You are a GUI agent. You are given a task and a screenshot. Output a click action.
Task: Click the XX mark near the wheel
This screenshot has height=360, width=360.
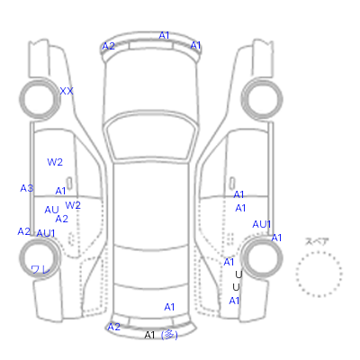coord(67,91)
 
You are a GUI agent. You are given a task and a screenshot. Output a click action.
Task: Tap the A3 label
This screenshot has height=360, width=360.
coord(27,188)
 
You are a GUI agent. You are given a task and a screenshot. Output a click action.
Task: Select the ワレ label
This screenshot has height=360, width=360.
coord(40,269)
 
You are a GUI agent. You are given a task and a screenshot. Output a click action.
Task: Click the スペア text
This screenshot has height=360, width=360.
coord(317,241)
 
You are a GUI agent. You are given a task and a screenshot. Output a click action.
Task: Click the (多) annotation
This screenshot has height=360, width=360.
coord(169,335)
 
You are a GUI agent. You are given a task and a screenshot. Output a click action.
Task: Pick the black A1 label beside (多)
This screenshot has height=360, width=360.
coord(149,335)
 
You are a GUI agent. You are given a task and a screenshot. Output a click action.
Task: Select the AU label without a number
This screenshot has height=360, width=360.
coord(51,210)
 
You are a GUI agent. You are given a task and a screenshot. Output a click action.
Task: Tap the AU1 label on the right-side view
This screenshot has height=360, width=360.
coord(262,224)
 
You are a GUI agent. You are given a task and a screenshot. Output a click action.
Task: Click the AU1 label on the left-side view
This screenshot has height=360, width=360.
coord(46,233)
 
